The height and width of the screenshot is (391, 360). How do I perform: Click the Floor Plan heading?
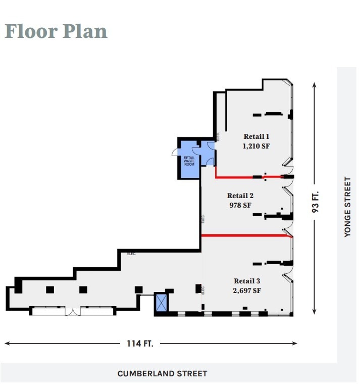click(56, 31)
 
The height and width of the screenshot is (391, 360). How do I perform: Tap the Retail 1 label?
click(256, 136)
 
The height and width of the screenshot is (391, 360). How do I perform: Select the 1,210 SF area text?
click(256, 146)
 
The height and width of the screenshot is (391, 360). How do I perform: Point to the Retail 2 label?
click(240, 196)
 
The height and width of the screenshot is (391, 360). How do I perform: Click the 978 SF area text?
click(240, 205)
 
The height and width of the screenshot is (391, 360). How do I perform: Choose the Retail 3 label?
click(247, 281)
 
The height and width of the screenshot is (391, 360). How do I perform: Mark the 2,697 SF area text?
click(247, 290)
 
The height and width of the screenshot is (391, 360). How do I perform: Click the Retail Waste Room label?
click(189, 161)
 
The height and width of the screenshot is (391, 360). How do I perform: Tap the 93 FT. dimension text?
click(316, 201)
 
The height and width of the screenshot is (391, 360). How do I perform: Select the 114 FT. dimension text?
click(140, 344)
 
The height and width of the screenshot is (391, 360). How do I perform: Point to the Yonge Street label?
click(347, 206)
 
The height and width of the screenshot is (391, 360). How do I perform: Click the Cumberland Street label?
click(162, 374)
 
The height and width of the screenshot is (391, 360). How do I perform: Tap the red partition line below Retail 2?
click(246, 235)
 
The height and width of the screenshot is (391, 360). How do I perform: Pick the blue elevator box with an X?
click(162, 303)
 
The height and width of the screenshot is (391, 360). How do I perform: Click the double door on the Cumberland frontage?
click(73, 310)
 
